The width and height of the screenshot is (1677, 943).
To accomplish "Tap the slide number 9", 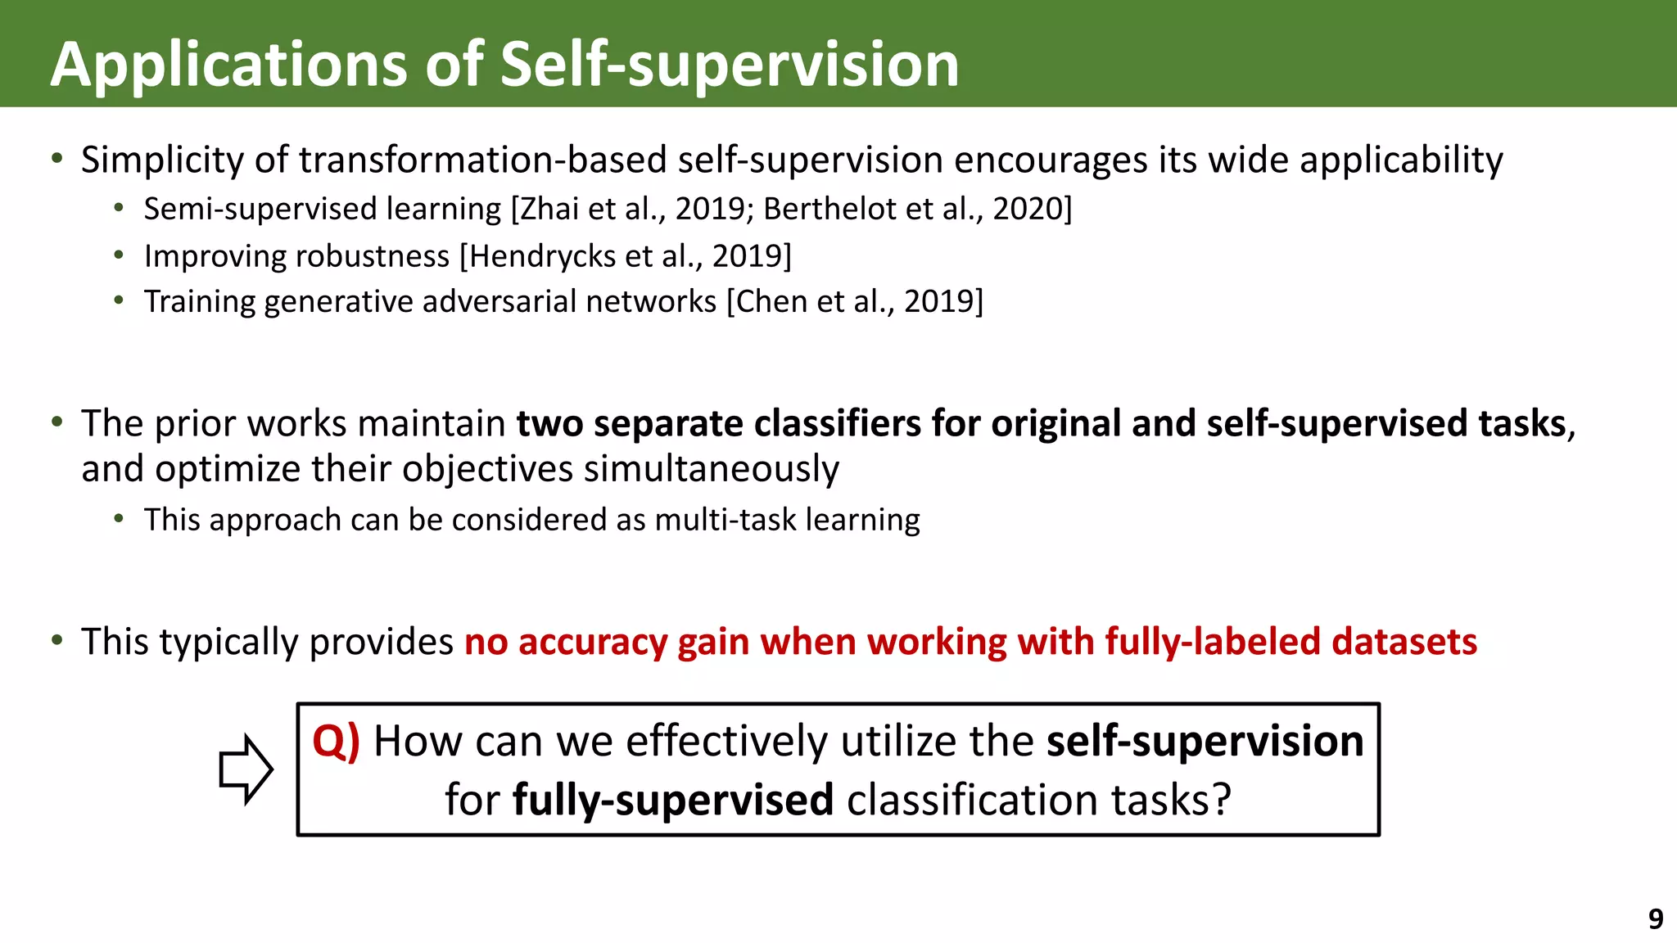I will click(x=1655, y=919).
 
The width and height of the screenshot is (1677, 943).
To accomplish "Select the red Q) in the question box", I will click(x=336, y=742).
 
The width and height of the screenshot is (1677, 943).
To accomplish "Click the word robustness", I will click(x=378, y=256).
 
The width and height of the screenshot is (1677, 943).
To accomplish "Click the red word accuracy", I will click(x=593, y=641).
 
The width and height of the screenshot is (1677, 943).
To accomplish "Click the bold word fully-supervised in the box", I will click(x=673, y=800).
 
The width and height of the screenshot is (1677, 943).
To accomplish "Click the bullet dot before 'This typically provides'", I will click(x=57, y=639).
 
